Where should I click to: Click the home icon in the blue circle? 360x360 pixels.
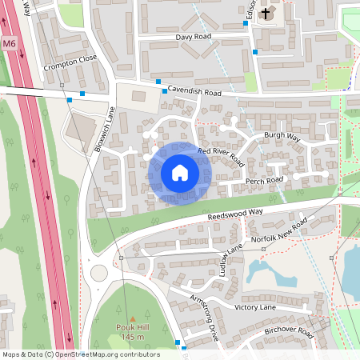click(x=179, y=173)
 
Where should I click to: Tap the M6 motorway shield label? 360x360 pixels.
click(x=9, y=43)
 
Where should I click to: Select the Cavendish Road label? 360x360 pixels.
click(x=194, y=93)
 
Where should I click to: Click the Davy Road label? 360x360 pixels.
click(x=194, y=37)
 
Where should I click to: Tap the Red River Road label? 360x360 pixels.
click(x=221, y=155)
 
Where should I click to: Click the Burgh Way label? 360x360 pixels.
click(x=282, y=137)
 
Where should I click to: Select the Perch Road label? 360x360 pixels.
click(x=265, y=181)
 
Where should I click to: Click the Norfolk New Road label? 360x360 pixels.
click(x=278, y=230)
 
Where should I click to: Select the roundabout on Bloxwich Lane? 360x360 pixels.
click(x=99, y=273)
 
